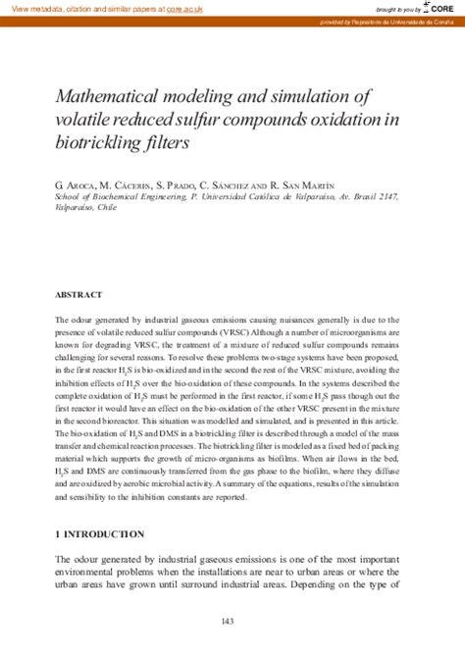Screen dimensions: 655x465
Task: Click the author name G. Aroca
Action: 75,183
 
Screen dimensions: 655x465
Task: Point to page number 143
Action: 228,622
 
